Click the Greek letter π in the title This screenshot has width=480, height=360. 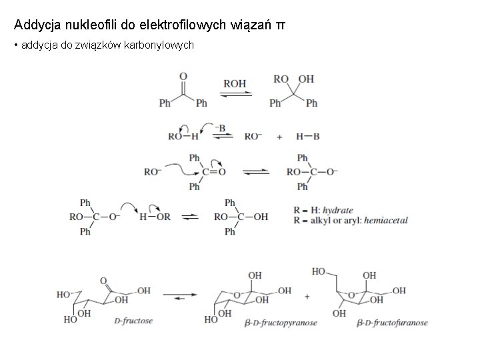click(281, 25)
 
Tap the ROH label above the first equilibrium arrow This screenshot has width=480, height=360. click(234, 84)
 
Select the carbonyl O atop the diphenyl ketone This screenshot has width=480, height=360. click(183, 77)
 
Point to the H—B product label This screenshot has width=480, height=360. click(307, 136)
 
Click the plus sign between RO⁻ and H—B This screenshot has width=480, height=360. click(280, 136)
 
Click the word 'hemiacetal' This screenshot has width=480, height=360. click(385, 220)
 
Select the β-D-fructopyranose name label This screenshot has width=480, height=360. click(282, 323)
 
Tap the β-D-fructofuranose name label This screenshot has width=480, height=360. click(393, 323)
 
